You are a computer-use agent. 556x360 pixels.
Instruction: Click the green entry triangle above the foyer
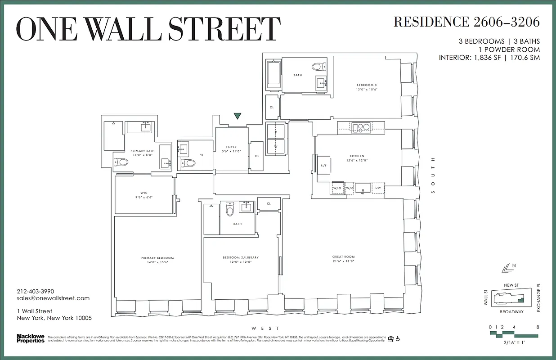coord(238,116)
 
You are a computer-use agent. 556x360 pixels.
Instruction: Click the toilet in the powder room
coord(189,163)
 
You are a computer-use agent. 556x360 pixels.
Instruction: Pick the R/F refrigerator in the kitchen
coord(323,166)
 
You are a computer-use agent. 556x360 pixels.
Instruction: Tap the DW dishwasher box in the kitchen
coord(378,188)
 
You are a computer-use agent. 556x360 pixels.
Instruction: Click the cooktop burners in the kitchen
coord(361,127)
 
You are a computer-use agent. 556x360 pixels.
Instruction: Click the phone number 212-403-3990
coord(35,291)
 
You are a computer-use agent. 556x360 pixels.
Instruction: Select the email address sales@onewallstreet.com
coord(53,298)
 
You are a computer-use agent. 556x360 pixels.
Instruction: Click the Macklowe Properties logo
coord(31,338)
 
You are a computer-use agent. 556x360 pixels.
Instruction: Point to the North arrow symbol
coord(507,268)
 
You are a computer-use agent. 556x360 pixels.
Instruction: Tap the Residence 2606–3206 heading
coord(466,22)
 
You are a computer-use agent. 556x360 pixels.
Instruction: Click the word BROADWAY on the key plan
coord(511,311)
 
